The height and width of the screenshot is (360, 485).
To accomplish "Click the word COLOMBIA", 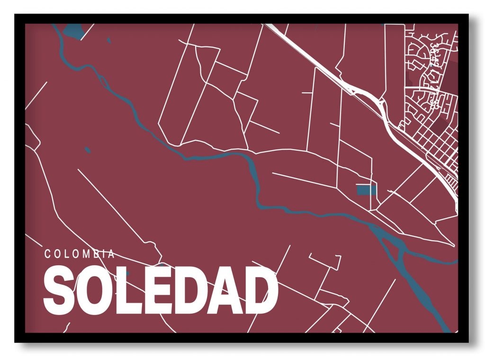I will [x=80, y=254].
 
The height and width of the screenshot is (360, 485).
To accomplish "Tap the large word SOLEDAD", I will [x=160, y=290].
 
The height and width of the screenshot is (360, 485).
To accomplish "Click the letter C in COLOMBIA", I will [x=47, y=254].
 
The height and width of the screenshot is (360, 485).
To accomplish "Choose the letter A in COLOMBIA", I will [x=111, y=254].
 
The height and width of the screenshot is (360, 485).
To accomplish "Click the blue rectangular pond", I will [x=366, y=190].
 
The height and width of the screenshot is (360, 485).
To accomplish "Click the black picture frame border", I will [x=19, y=180].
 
